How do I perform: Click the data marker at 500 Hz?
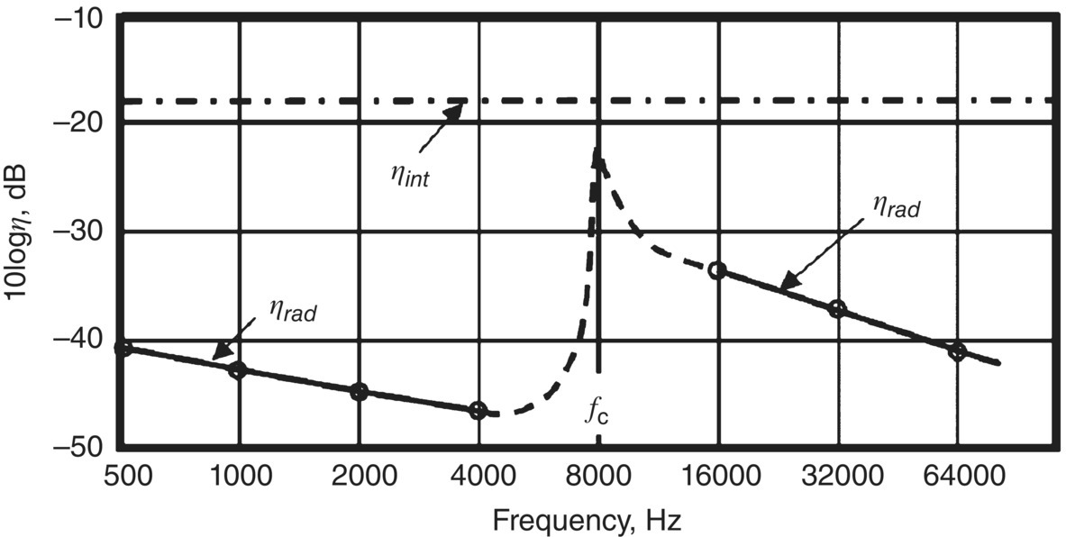click(124, 349)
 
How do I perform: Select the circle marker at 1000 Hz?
click(238, 369)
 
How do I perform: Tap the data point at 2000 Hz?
click(359, 391)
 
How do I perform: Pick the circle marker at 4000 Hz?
click(478, 411)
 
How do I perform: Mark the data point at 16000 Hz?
click(717, 269)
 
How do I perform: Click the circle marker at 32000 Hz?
click(837, 309)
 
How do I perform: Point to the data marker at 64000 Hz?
click(957, 351)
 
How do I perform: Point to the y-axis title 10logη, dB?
click(20, 232)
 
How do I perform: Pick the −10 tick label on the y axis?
click(79, 18)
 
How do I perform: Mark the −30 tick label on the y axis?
click(79, 232)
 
